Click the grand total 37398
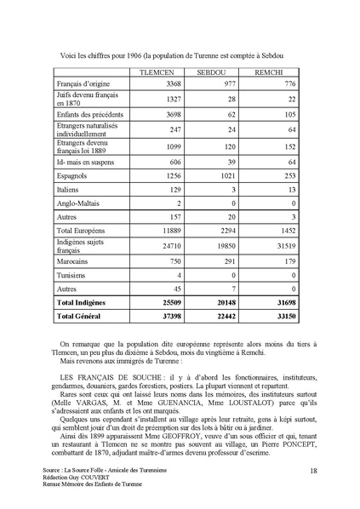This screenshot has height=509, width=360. click(x=168, y=316)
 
